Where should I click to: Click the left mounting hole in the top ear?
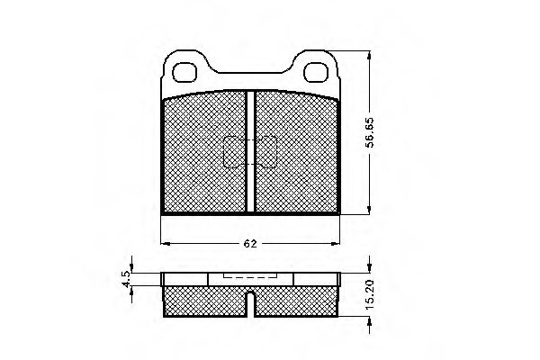click(x=187, y=69)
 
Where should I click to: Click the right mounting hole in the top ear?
click(x=317, y=69)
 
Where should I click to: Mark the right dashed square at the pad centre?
click(x=267, y=152)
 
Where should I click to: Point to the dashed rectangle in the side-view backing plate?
click(x=251, y=279)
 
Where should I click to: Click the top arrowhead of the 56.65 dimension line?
click(x=369, y=52)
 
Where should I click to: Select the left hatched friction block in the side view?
click(x=205, y=301)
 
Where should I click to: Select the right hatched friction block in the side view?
click(x=299, y=301)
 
